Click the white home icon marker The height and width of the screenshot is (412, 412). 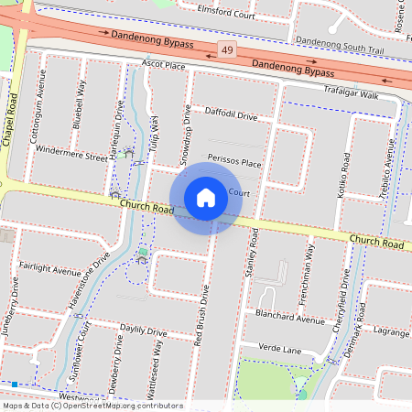click(x=206, y=198)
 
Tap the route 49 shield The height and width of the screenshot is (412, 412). click(x=225, y=47)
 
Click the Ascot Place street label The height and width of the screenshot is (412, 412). click(x=163, y=66)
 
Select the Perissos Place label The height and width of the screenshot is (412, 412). click(x=234, y=162)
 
